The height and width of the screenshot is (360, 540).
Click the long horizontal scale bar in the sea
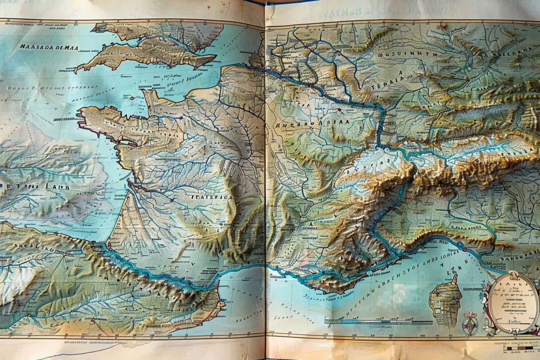[378, 322]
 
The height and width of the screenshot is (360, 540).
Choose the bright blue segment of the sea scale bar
[355, 322]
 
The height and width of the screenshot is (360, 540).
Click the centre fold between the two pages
[265, 180]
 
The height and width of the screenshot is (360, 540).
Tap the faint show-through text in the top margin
[355, 12]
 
